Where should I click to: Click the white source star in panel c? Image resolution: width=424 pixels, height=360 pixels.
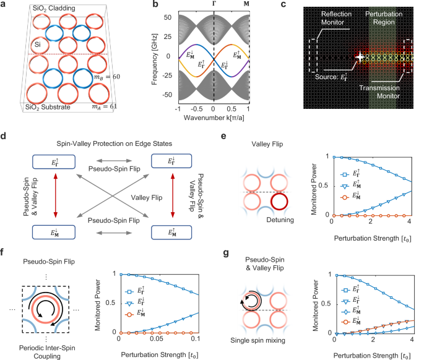click(x=360, y=58)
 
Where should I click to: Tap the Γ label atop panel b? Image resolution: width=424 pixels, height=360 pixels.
click(x=213, y=4)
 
